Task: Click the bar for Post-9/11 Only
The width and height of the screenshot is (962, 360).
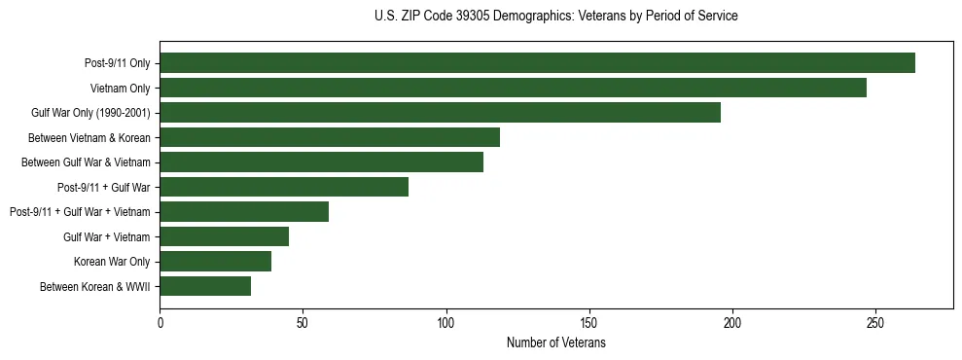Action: tap(537, 63)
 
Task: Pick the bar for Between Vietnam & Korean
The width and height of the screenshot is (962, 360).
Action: tap(330, 137)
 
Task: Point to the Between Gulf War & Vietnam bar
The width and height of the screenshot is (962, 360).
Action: tap(321, 162)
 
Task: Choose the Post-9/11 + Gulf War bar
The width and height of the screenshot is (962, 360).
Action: tap(284, 187)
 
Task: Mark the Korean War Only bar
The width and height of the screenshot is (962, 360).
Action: tap(215, 262)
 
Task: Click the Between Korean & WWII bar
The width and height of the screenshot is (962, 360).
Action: tap(205, 286)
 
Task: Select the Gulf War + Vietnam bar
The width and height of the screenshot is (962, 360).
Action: tap(224, 236)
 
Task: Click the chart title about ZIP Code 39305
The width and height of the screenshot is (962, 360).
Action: tap(555, 17)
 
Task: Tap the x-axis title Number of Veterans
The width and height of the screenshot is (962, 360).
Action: tap(555, 342)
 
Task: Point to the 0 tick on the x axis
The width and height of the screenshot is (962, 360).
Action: tap(160, 322)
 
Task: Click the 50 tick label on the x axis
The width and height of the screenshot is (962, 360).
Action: tap(303, 322)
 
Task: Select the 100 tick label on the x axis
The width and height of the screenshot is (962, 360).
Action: tap(446, 322)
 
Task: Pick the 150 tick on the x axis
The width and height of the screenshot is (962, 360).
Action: tap(589, 322)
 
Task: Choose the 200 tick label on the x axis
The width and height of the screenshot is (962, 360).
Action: tap(732, 322)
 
